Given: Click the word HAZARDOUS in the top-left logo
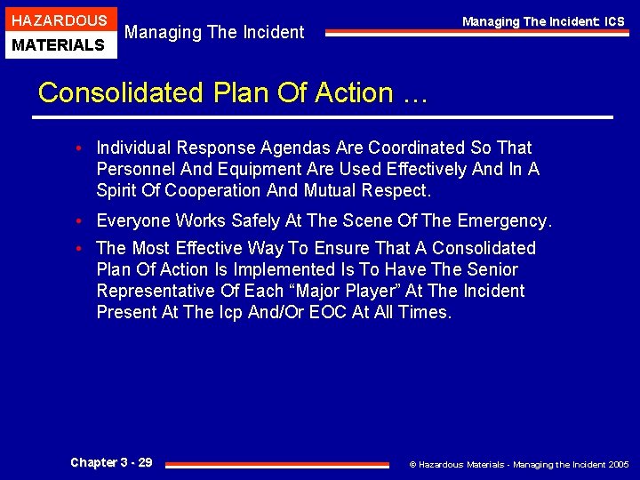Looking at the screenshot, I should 60,20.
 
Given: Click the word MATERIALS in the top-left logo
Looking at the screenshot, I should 60,44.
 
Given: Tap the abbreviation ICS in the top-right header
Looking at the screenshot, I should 614,21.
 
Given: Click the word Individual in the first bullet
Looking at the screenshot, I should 134,148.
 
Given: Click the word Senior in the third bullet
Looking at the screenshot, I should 492,269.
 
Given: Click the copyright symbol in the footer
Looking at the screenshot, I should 412,464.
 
